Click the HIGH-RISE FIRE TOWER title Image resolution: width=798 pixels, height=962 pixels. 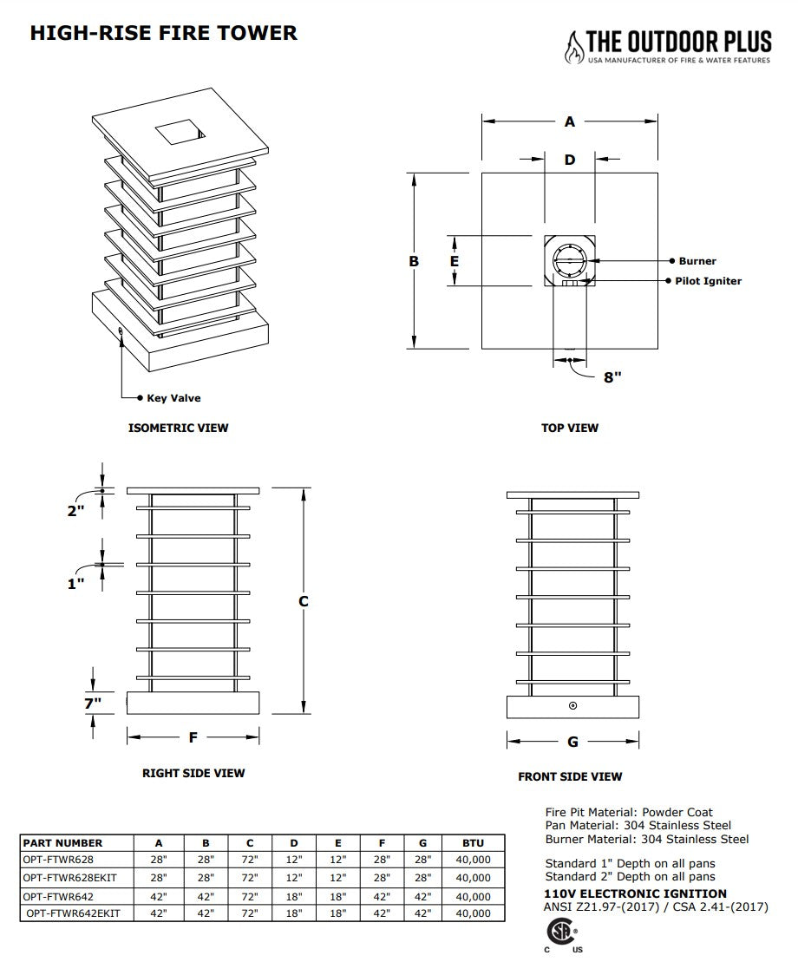pos(164,33)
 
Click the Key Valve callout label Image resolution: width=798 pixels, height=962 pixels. pos(173,398)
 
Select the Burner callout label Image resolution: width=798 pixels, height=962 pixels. pos(697,261)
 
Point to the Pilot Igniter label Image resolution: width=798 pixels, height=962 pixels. pos(709,281)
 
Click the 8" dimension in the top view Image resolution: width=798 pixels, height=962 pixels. pos(612,376)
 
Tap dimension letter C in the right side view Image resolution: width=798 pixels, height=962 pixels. pos(304,601)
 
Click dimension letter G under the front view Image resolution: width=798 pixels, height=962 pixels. pos(572,742)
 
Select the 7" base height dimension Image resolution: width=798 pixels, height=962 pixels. pos(93,703)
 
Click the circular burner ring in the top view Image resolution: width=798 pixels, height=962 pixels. pos(570,260)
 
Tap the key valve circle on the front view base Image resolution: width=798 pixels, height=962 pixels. pos(572,705)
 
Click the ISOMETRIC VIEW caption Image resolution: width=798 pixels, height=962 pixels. pos(179,428)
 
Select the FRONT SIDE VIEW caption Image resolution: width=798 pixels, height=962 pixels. pos(570,776)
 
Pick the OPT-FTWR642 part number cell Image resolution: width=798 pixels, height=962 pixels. pos(59,896)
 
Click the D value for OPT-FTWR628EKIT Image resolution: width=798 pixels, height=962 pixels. pos(294,878)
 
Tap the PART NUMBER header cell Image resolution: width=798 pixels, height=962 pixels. pos(62,842)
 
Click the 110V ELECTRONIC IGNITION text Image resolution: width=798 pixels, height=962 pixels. pos(636,893)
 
